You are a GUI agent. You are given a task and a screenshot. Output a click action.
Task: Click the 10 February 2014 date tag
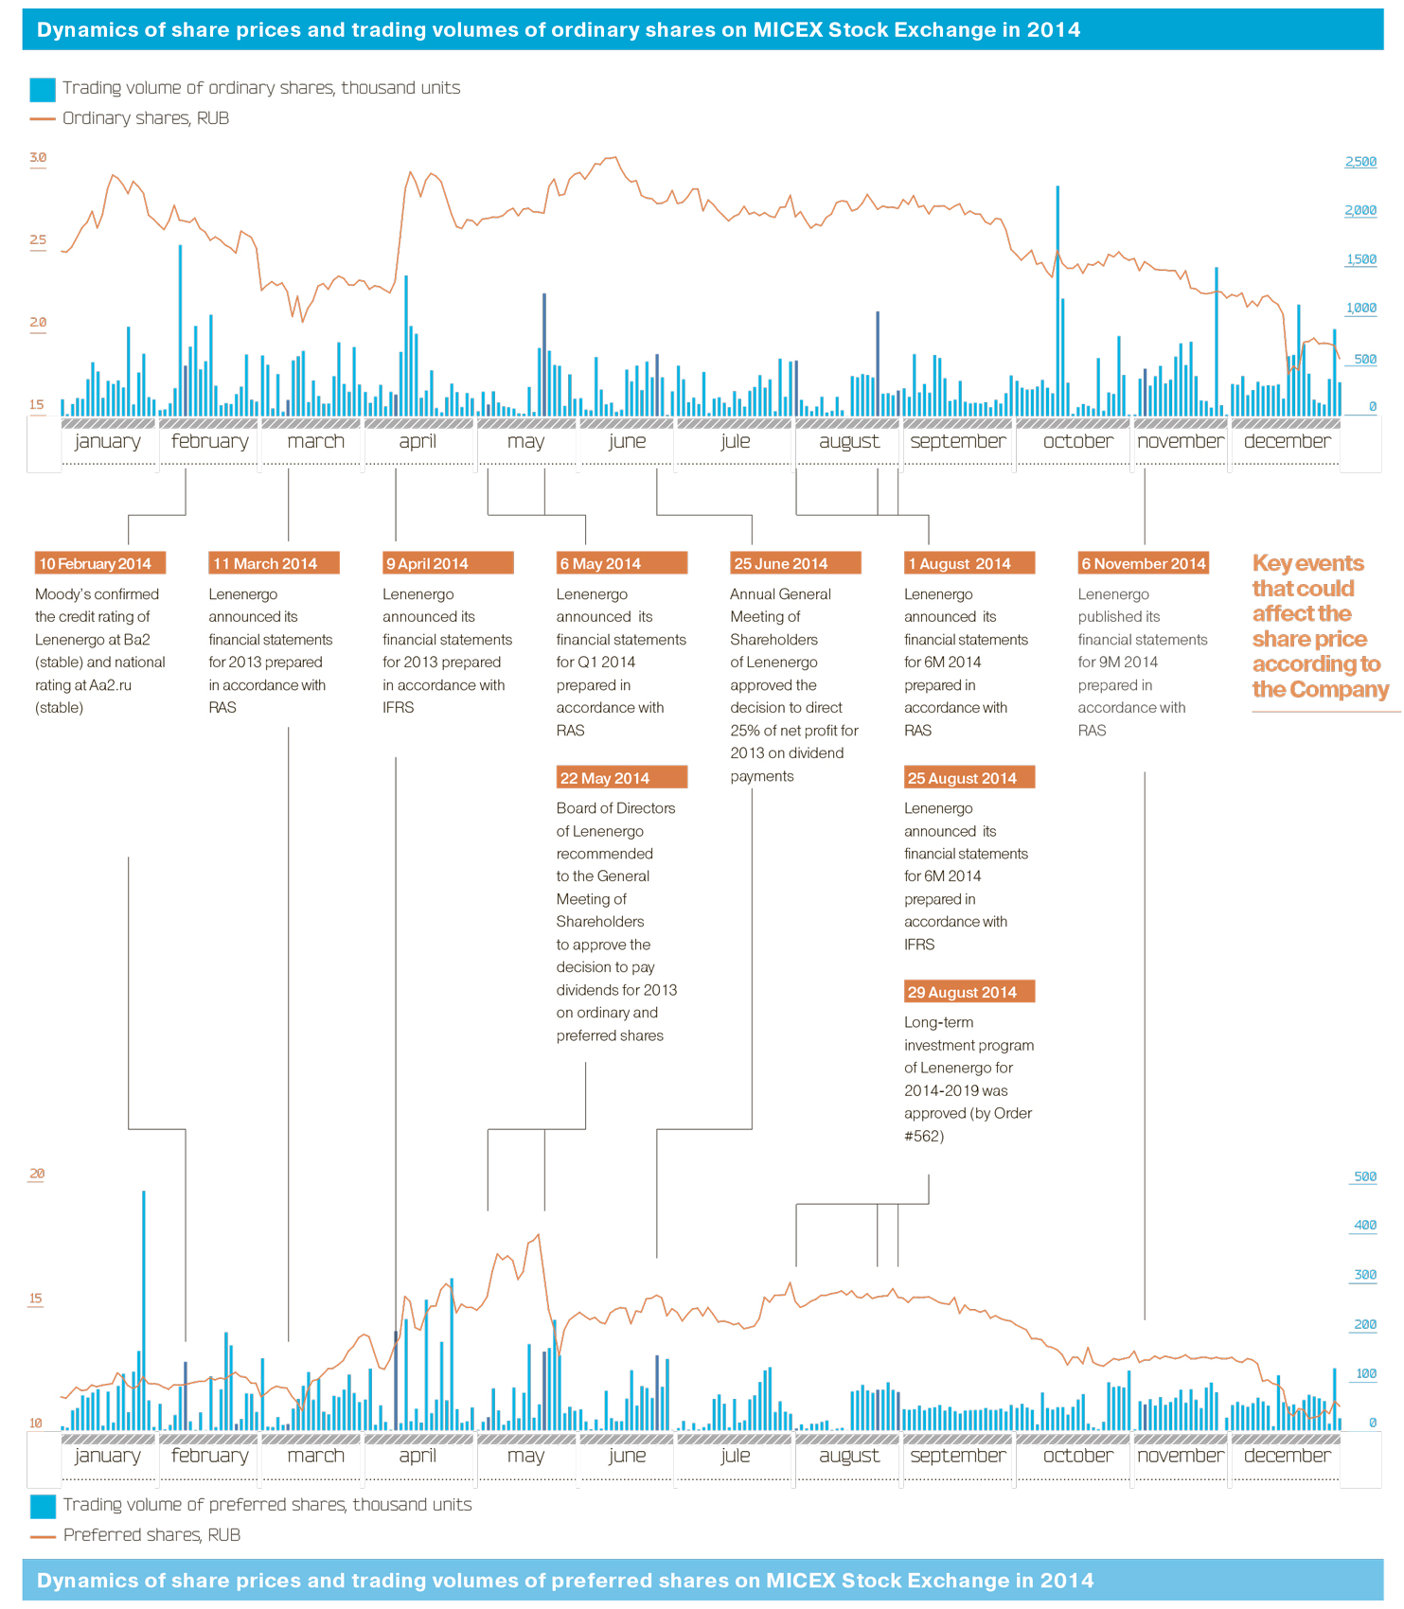99,563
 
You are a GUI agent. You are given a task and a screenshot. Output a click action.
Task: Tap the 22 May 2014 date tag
621,778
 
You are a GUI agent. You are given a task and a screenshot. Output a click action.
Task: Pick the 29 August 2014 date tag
969,992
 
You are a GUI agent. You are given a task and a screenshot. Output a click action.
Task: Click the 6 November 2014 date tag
1144,563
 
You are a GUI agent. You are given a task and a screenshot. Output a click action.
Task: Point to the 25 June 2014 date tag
795,563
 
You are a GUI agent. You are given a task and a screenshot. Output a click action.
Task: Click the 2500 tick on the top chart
1360,162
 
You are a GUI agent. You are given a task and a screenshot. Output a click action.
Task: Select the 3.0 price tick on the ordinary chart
38,158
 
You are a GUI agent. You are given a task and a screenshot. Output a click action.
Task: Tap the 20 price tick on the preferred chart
37,1174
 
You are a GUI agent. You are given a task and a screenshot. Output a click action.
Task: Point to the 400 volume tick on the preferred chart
1365,1225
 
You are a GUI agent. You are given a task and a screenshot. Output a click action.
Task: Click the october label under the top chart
1077,442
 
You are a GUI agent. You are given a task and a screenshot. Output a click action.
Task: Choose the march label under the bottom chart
315,1456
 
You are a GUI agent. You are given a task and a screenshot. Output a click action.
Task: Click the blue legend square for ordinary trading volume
43,89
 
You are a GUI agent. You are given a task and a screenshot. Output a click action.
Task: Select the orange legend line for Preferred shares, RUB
43,1536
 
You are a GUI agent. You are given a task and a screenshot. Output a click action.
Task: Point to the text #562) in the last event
923,1136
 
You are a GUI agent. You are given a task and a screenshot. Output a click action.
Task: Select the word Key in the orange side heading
1271,564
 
